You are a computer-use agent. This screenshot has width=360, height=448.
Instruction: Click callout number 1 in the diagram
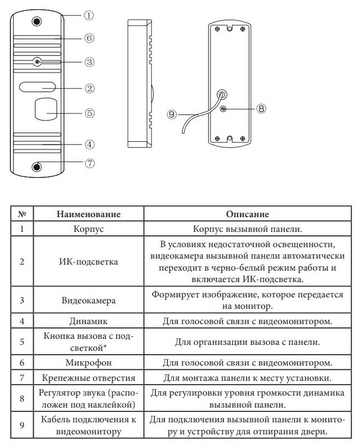point(89,16)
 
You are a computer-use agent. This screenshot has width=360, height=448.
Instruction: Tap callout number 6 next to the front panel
point(89,38)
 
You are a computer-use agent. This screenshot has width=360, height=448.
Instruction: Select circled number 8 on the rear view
point(261,108)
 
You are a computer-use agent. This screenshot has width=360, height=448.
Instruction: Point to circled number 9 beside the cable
point(171,115)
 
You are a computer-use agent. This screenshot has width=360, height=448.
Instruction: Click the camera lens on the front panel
point(37,62)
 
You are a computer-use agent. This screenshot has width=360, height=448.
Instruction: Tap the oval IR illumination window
point(38,86)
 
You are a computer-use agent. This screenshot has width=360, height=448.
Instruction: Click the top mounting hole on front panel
point(37,21)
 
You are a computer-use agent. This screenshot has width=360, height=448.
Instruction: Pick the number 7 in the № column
point(22,378)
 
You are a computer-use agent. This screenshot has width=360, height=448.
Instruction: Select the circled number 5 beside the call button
point(89,113)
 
